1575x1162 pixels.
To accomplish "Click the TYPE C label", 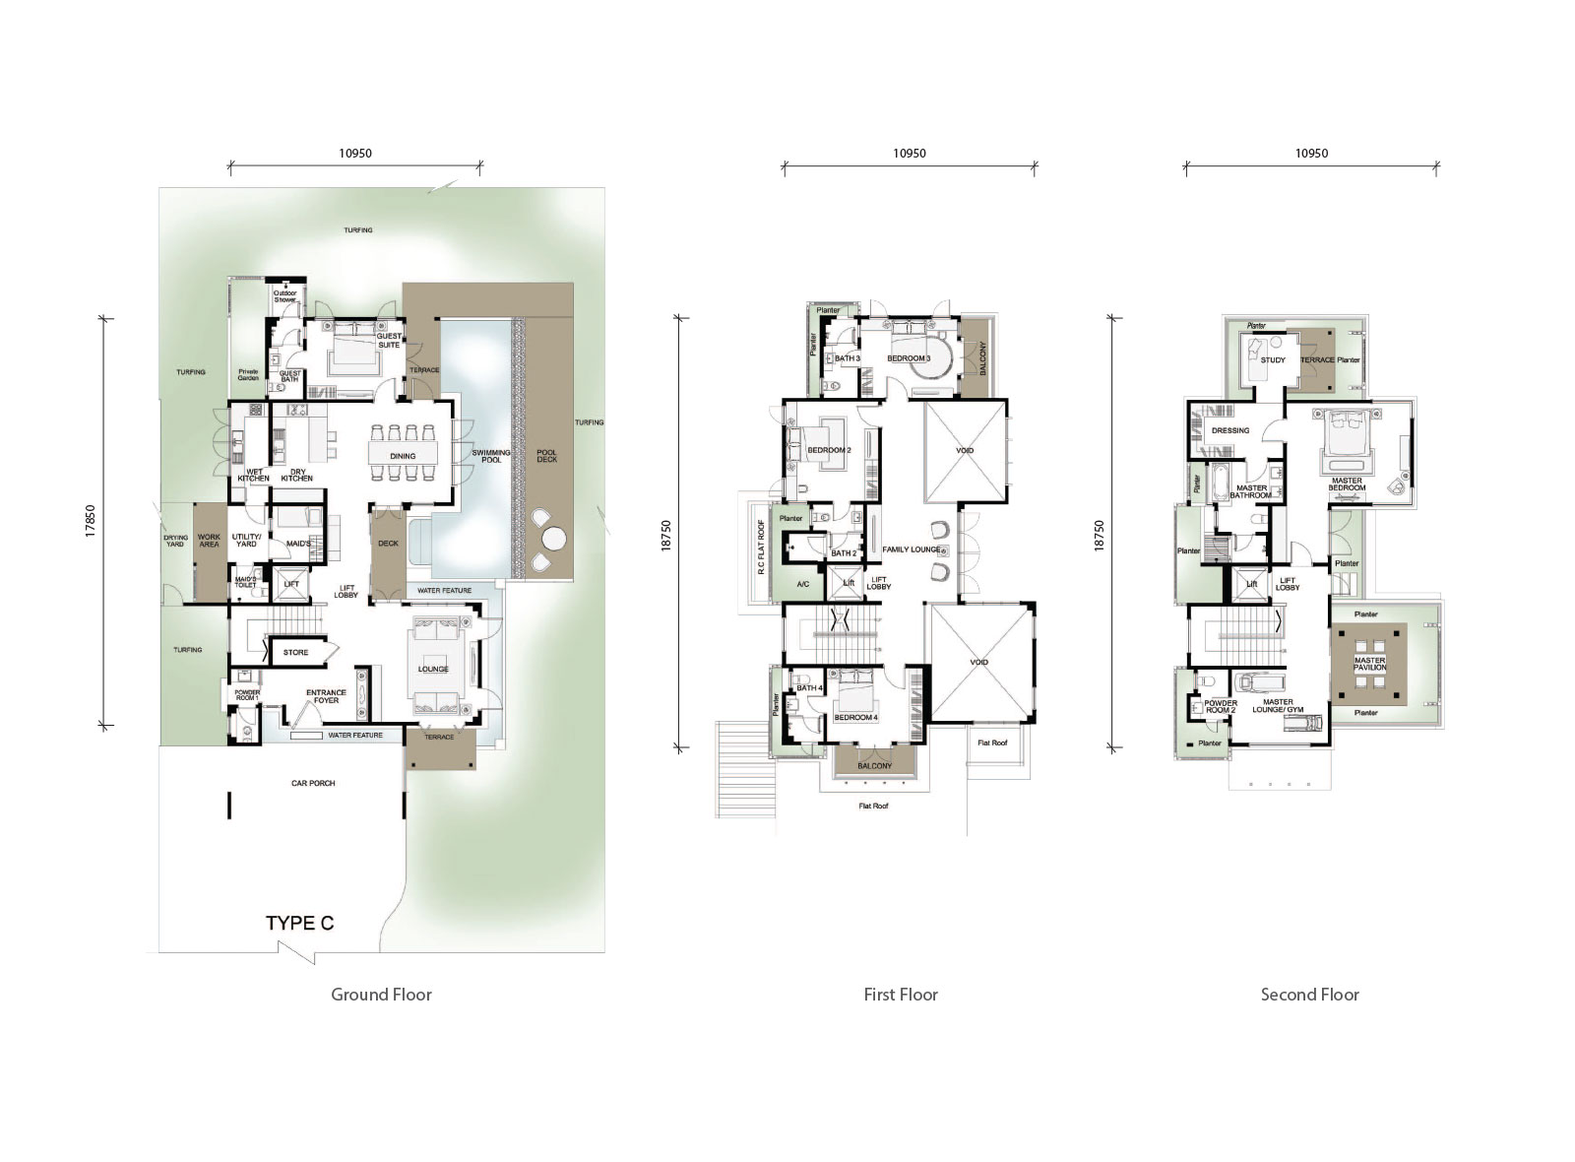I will (300, 924).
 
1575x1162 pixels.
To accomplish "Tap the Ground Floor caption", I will (381, 995).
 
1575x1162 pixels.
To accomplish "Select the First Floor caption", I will (901, 995).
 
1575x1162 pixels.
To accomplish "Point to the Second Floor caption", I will (1309, 995).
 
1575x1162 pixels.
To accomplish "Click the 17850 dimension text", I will (90, 521).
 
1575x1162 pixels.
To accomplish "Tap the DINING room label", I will (403, 456).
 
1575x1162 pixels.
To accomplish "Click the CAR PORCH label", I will (313, 784).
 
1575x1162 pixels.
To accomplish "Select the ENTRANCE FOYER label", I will (326, 696).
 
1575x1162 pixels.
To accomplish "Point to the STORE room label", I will (295, 652).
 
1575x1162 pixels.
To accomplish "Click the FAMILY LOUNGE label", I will (911, 549).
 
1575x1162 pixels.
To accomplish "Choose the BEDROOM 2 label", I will (829, 450).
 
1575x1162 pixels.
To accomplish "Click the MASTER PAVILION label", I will (1369, 664).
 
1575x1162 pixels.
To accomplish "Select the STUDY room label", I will (1273, 360).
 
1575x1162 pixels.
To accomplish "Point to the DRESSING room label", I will (1230, 430).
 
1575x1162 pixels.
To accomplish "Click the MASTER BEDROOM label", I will (1347, 484).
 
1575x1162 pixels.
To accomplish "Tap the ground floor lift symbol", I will (291, 584).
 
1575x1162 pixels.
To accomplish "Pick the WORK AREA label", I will (209, 541).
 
